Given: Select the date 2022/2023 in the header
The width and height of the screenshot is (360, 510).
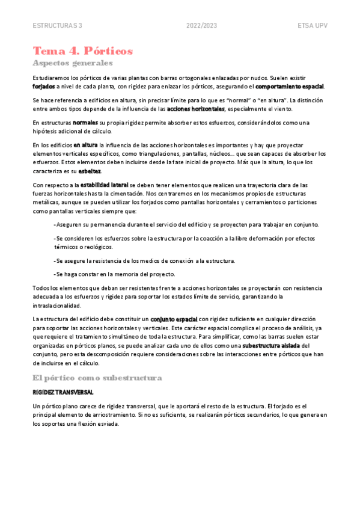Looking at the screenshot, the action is (x=201, y=26).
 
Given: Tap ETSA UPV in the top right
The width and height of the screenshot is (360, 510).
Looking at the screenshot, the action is (x=312, y=26).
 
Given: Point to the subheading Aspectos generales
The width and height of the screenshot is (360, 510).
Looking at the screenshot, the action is (x=73, y=63).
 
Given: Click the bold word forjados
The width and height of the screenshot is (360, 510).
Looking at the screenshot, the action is (x=44, y=86).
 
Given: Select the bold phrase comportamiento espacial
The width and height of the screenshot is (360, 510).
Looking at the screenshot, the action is (x=290, y=86).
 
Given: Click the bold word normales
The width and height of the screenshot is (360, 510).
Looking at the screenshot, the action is (x=86, y=123).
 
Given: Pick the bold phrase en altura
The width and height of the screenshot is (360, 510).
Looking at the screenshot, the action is (x=85, y=146).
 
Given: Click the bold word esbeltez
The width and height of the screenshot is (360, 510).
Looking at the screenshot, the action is (x=90, y=171).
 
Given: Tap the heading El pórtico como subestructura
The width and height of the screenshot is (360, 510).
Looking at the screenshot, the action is (x=97, y=378).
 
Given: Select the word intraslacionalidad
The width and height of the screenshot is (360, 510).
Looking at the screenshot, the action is (x=59, y=306).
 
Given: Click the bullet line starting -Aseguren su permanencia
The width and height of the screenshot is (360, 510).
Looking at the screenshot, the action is (x=186, y=224).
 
